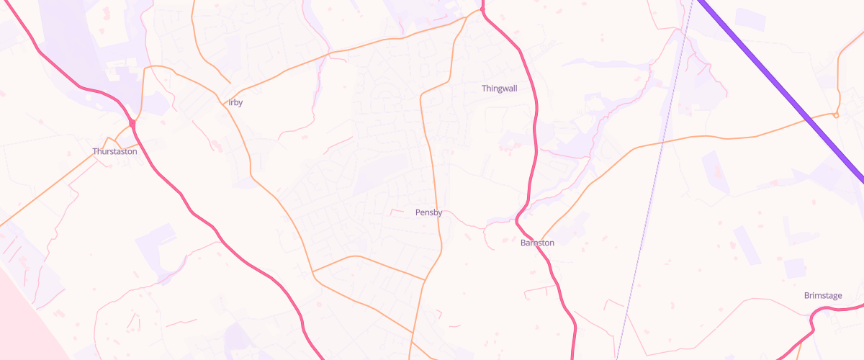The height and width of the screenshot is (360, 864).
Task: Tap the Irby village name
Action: pyautogui.click(x=235, y=103)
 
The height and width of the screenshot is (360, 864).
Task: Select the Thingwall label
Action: pyautogui.click(x=499, y=89)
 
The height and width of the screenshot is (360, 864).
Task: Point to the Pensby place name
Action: pyautogui.click(x=428, y=213)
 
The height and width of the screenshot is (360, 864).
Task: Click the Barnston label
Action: pyautogui.click(x=537, y=243)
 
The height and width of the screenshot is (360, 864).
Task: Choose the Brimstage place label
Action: pyautogui.click(x=823, y=296)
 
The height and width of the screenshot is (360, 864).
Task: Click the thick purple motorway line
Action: pyautogui.click(x=778, y=79)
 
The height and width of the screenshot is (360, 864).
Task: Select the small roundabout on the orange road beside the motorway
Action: pyautogui.click(x=837, y=115)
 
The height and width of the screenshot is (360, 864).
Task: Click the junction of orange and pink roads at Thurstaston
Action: pyautogui.click(x=133, y=124)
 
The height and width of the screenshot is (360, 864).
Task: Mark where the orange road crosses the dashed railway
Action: pyautogui.click(x=662, y=141)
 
